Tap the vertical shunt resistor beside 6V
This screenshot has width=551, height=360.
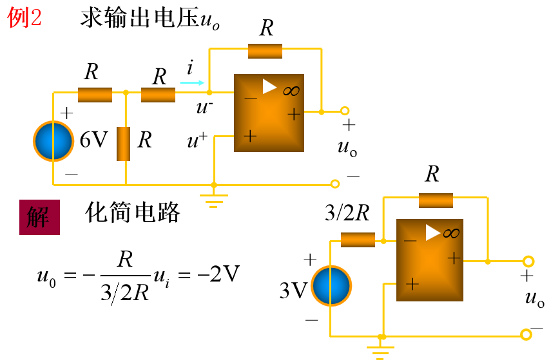124,144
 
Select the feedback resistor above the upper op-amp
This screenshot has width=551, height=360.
265,51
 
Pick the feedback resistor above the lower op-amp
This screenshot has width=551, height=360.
436,200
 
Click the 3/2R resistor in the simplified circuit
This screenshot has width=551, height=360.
358,240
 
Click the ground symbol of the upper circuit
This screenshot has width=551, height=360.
213,200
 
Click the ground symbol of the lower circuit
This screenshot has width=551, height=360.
382,350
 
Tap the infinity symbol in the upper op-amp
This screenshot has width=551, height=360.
291,91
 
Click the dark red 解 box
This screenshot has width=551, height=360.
40,217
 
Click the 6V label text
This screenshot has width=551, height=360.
93,140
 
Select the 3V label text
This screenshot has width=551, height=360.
293,291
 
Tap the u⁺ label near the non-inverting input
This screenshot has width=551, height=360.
197,142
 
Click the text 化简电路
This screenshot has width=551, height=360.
132,213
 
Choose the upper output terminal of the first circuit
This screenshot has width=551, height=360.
345,111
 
